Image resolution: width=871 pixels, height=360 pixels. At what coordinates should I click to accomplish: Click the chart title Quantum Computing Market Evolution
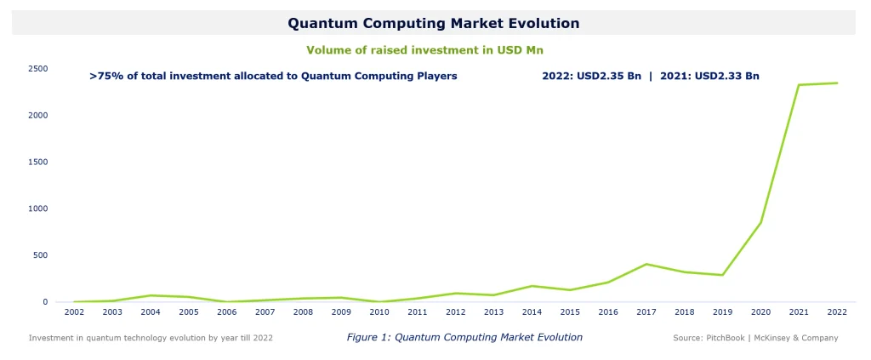click(x=433, y=23)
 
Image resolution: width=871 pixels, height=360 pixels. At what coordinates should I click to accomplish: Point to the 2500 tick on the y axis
click(x=37, y=68)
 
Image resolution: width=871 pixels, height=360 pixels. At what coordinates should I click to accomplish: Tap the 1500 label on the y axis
click(x=37, y=162)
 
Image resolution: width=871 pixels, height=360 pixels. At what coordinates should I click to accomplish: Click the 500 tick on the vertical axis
click(x=39, y=255)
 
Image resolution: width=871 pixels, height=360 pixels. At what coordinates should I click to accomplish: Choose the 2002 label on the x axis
click(x=74, y=312)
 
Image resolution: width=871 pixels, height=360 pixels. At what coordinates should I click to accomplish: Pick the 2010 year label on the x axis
click(x=379, y=312)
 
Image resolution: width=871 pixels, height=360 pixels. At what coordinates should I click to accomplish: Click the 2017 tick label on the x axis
click(x=646, y=312)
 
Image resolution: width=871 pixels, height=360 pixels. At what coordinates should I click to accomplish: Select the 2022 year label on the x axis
click(x=837, y=312)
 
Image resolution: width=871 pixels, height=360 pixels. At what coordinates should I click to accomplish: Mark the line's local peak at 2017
click(x=646, y=264)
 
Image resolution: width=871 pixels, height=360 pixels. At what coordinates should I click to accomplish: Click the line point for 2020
click(x=760, y=223)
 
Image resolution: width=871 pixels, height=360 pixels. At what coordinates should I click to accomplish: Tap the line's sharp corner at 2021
click(x=799, y=85)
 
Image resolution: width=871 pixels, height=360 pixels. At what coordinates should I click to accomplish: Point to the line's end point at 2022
click(x=837, y=83)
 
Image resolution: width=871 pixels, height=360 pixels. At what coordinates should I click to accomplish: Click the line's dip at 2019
click(x=722, y=275)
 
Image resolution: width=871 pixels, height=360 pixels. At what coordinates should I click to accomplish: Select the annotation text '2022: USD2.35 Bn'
click(x=591, y=76)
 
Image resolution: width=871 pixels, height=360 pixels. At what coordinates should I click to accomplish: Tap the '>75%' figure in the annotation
click(x=105, y=76)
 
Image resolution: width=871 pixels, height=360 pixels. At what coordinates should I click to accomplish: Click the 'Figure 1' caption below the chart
click(x=464, y=338)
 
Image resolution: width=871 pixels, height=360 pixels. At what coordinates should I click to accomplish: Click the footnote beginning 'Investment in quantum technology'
click(x=151, y=338)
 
